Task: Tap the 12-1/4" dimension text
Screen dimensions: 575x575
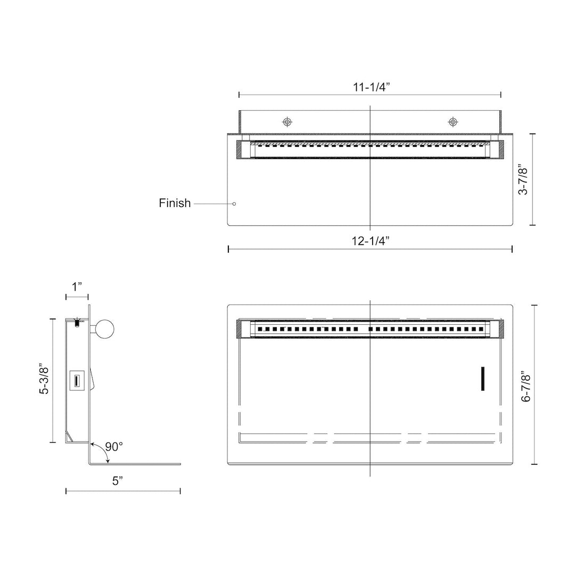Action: point(370,241)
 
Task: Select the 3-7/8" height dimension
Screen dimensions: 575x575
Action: point(524,180)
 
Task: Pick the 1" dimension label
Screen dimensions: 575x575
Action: point(77,286)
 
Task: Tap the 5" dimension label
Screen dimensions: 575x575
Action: point(118,481)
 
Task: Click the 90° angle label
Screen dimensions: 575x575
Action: point(114,447)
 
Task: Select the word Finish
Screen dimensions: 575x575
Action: point(175,203)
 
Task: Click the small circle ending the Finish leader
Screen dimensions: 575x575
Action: point(234,203)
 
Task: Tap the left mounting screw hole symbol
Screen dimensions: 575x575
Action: point(287,122)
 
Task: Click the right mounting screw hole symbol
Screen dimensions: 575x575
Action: point(453,122)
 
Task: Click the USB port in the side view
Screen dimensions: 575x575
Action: point(76,381)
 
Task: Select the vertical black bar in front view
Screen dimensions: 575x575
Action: point(483,379)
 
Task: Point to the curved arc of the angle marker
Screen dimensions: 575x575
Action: point(101,451)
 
